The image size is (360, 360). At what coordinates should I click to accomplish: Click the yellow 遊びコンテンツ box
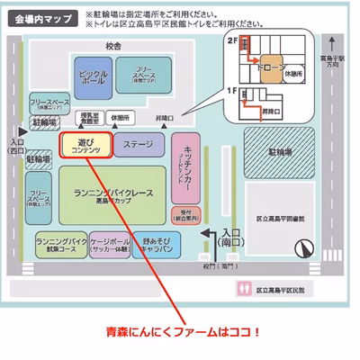[85, 146]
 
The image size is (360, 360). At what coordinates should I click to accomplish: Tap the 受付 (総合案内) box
[187, 215]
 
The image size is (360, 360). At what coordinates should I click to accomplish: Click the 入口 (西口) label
[16, 147]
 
